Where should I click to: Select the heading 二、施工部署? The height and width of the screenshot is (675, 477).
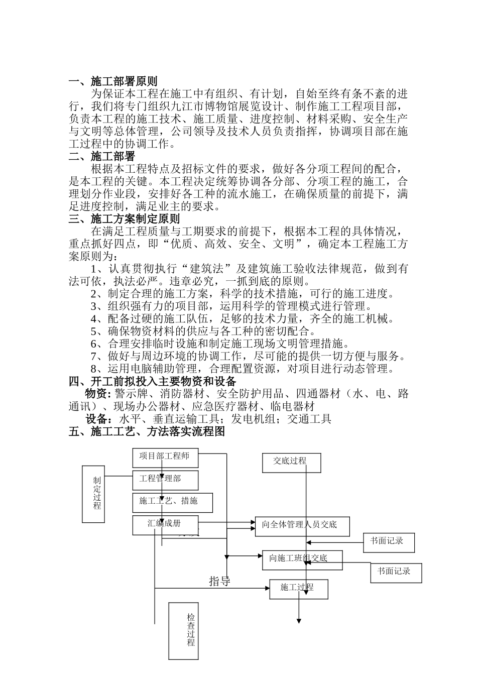(x=101, y=157)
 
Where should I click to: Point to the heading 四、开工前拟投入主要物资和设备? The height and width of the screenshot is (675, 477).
(x=152, y=381)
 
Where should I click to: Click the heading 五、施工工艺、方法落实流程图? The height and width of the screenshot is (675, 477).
(x=146, y=431)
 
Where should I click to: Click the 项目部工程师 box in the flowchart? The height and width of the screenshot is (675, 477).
(x=165, y=457)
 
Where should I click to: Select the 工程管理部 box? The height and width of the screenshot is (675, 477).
(x=165, y=480)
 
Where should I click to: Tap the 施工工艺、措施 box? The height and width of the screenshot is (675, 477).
(x=172, y=502)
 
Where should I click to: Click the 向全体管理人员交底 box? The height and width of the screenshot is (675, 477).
(x=302, y=526)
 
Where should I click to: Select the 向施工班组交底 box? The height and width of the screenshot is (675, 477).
(x=302, y=559)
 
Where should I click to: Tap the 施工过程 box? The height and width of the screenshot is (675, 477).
(x=299, y=589)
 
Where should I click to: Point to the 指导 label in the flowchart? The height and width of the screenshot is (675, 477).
(x=219, y=582)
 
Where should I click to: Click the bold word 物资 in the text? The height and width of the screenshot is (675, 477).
(x=96, y=393)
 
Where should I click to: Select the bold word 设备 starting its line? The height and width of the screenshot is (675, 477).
(x=96, y=419)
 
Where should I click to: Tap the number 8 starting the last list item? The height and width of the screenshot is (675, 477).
(x=94, y=369)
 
